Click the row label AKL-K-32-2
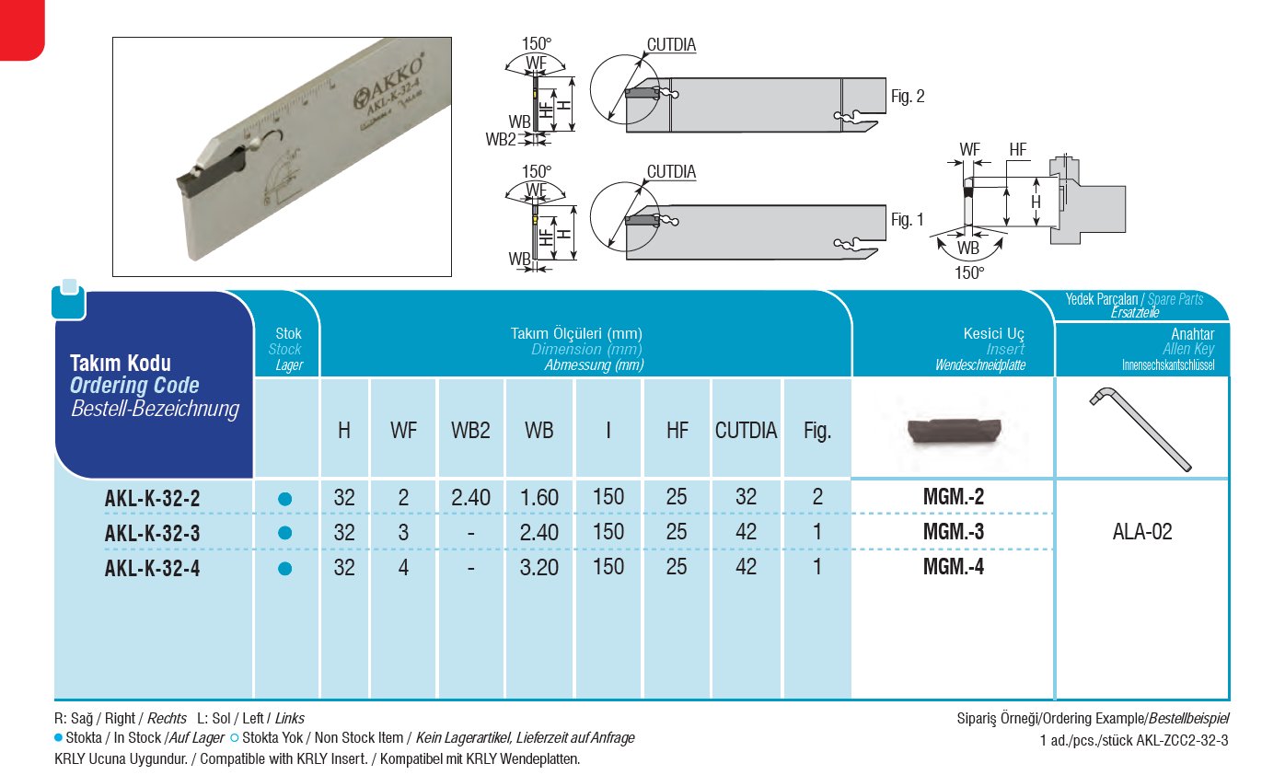click(x=152, y=498)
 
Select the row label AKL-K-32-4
click(x=152, y=568)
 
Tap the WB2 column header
click(x=470, y=431)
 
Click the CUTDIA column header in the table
click(x=746, y=431)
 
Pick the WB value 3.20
click(x=538, y=568)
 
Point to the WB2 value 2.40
click(x=470, y=498)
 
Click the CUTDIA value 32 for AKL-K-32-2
click(x=746, y=498)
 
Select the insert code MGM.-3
click(x=953, y=532)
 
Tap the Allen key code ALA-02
click(x=1141, y=532)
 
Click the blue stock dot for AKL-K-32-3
click(x=284, y=533)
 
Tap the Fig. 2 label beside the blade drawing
click(x=908, y=97)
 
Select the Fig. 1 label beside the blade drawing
click(x=908, y=220)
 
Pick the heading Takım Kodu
click(x=121, y=363)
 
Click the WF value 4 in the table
click(x=403, y=568)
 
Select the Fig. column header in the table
click(x=816, y=431)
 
